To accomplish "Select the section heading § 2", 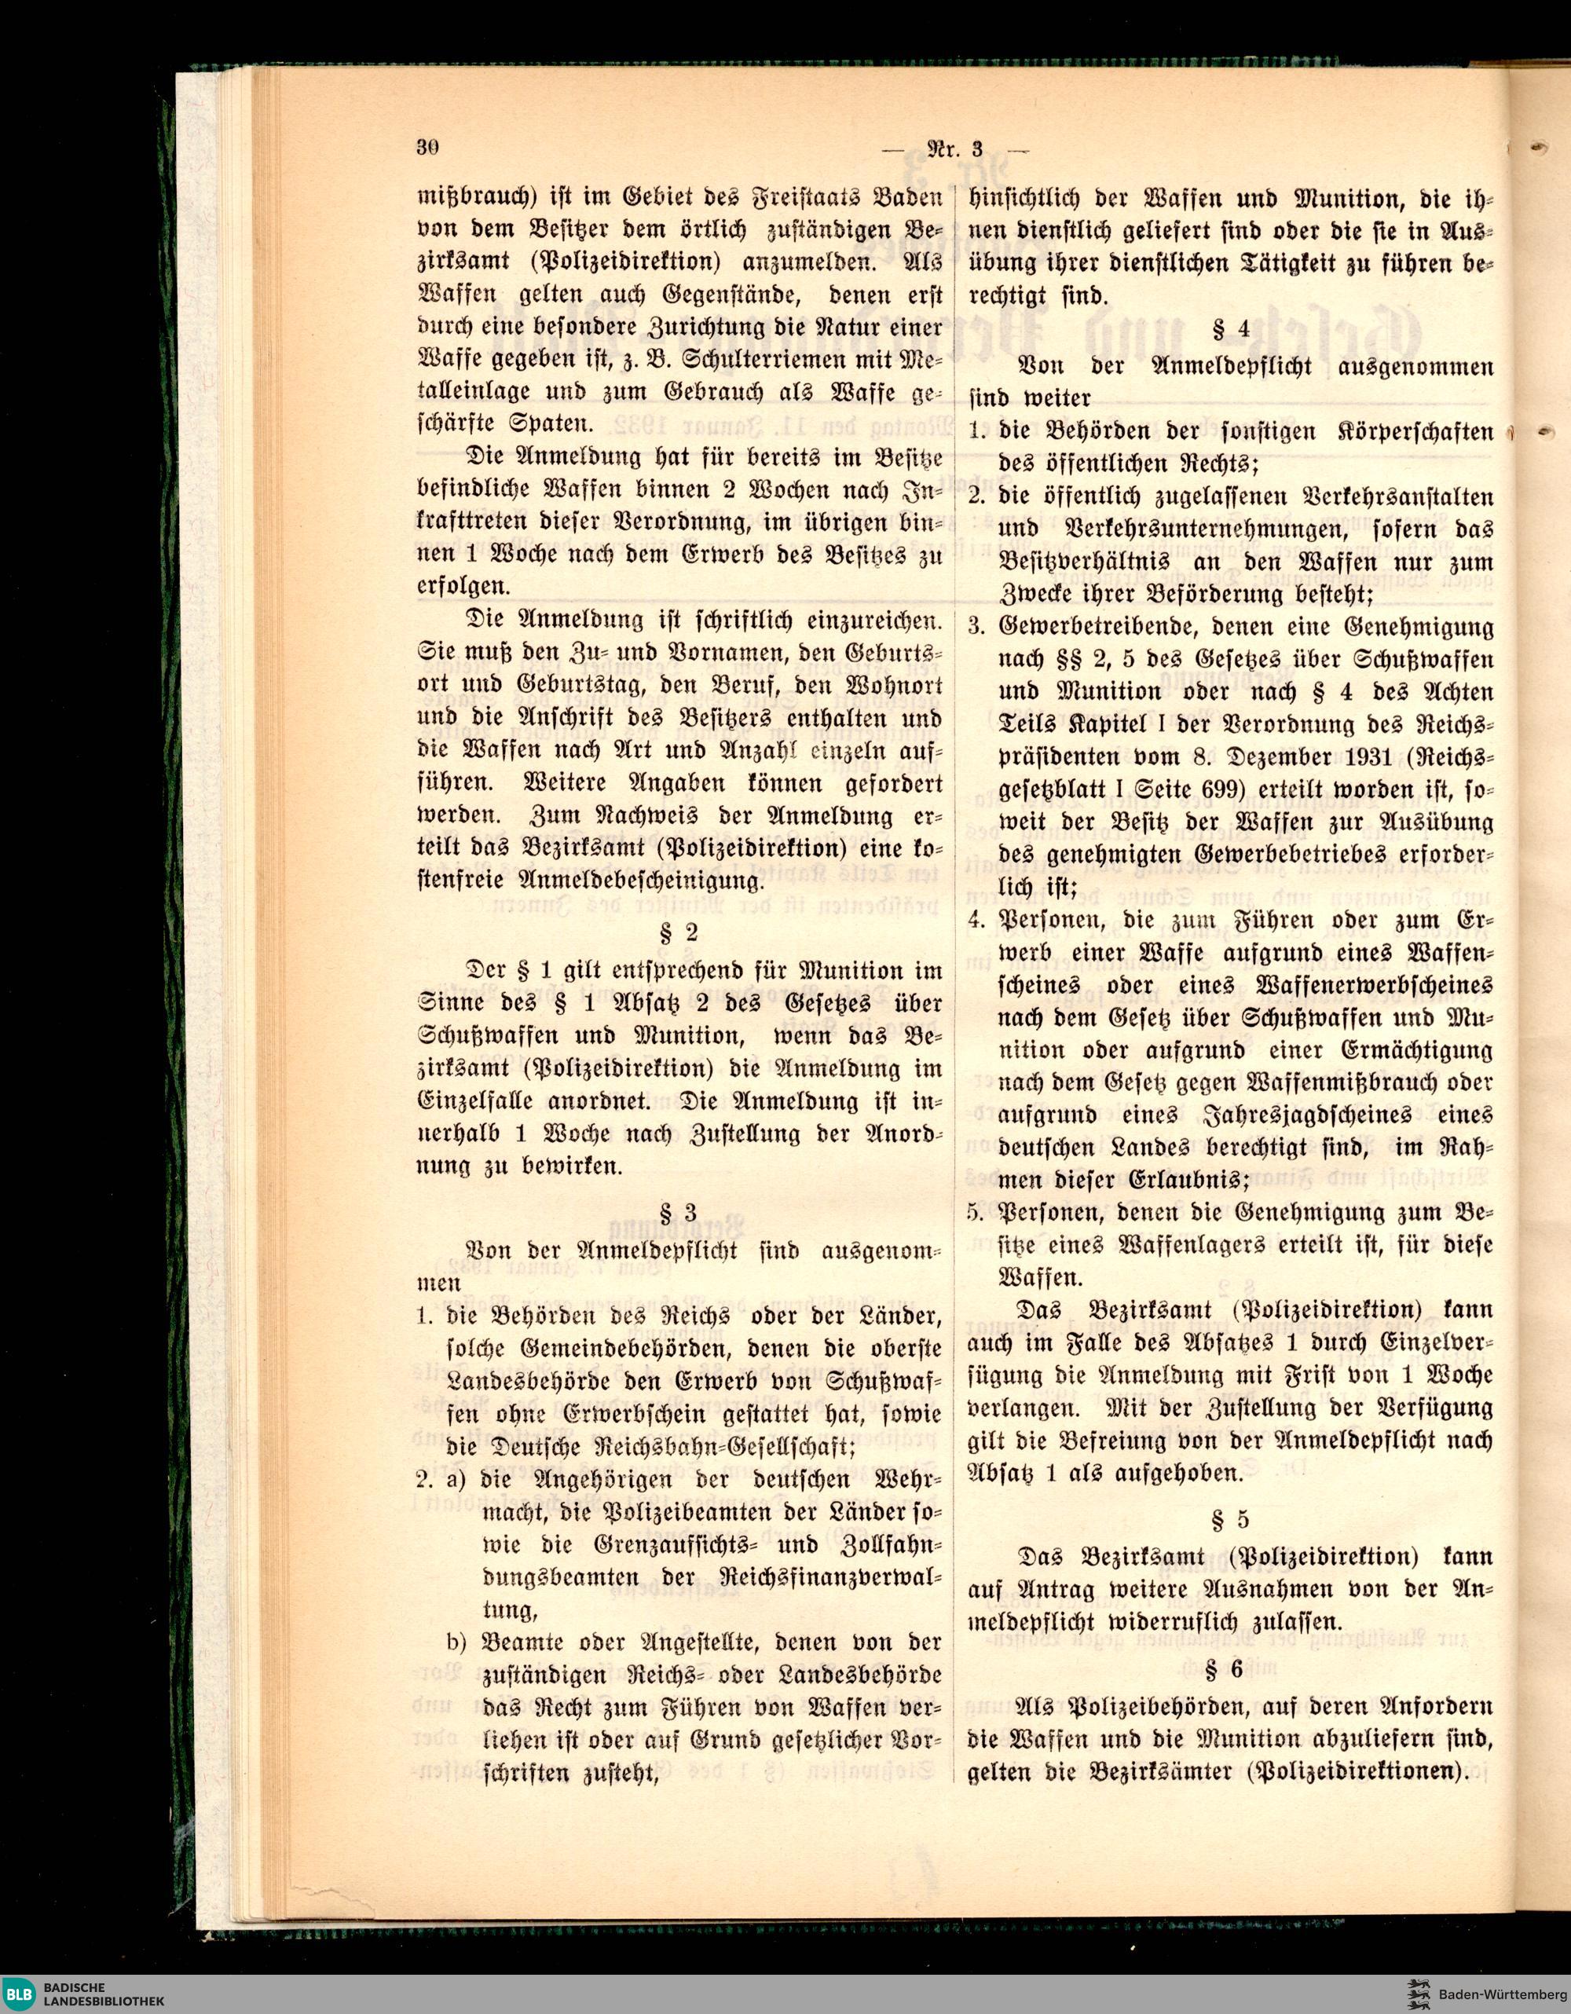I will click(679, 932).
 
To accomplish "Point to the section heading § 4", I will click(1230, 328).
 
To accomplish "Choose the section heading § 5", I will click(1230, 1518).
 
